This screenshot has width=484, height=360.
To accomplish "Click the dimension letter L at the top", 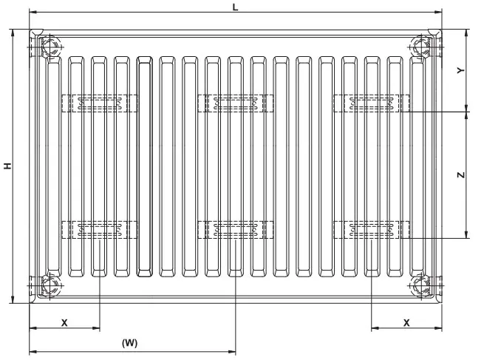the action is tap(235, 7).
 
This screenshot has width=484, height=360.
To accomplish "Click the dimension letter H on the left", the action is tap(7, 166).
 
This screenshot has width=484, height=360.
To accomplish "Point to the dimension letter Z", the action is tap(460, 175).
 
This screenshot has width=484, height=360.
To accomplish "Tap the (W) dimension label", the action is tap(129, 342).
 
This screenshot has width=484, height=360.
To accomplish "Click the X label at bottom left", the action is tap(64, 322).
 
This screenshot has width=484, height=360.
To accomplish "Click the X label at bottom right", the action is tap(406, 322).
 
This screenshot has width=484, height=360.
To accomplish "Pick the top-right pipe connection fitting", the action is tap(424, 48).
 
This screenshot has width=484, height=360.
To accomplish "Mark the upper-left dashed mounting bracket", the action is tap(99, 103).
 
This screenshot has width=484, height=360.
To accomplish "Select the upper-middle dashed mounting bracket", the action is tap(235, 103).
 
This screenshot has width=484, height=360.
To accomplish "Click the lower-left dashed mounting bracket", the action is tap(99, 229).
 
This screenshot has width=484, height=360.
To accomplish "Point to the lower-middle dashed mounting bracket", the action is tap(235, 229).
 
